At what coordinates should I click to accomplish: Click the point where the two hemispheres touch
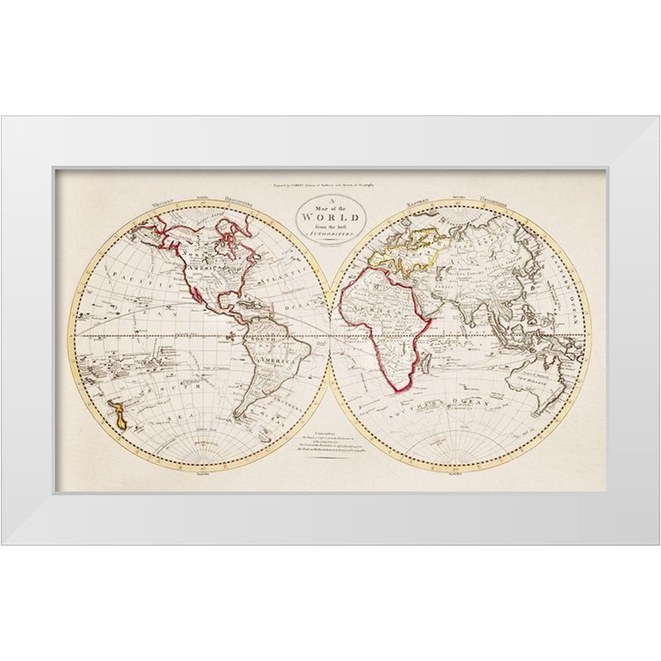tap(330, 336)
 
